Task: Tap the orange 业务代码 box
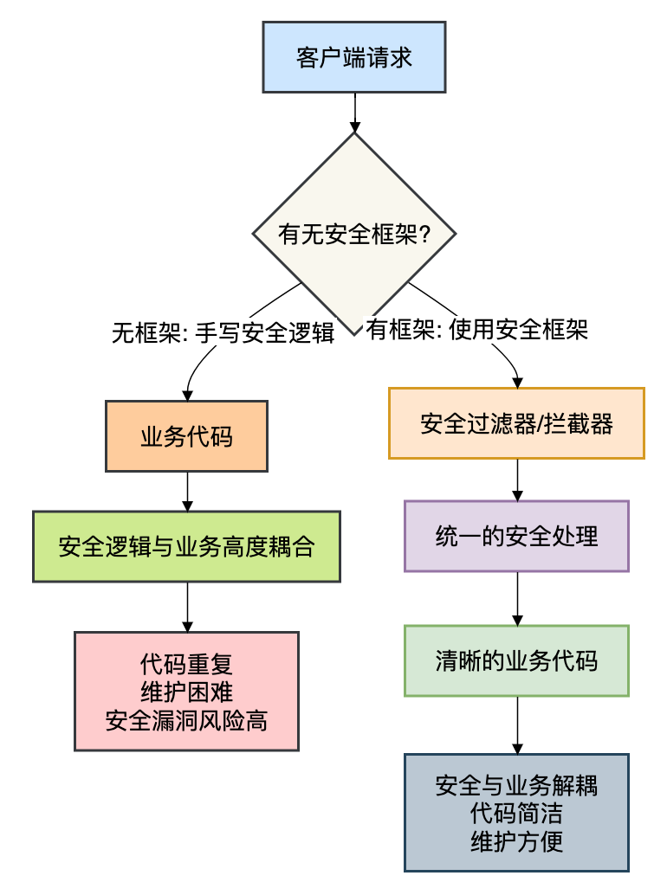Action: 186,436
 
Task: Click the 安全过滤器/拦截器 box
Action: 516,423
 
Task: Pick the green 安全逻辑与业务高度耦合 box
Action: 186,546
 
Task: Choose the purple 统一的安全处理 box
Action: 516,536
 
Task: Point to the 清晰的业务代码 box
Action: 516,661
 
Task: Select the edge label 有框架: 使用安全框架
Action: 476,330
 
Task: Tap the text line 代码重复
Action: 186,665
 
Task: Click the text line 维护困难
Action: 186,692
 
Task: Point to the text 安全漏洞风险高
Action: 186,719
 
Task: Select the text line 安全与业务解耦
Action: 516,786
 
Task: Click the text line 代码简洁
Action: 516,814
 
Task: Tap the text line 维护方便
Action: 516,840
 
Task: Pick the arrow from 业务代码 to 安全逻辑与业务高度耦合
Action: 186,491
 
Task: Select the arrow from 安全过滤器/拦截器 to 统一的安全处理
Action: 517,480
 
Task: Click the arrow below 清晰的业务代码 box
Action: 517,724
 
